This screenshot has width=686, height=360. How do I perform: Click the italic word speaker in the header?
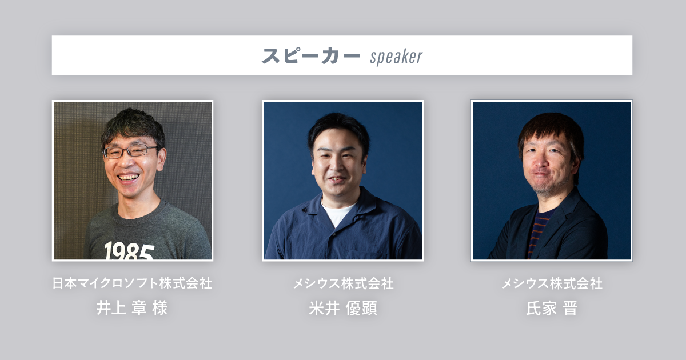click(x=396, y=57)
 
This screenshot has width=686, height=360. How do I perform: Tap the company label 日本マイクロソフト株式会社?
click(x=132, y=283)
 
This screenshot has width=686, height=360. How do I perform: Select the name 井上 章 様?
click(x=132, y=308)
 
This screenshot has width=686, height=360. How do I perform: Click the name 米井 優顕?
click(x=342, y=308)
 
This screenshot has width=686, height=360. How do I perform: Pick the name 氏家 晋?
click(x=551, y=308)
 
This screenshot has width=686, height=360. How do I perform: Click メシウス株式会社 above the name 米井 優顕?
click(x=342, y=283)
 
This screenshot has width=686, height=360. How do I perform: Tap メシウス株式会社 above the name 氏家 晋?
click(x=551, y=283)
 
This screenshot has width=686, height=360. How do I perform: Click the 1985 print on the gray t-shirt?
click(x=129, y=251)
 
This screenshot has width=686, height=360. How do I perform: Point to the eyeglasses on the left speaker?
click(x=130, y=151)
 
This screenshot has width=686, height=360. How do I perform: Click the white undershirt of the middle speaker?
click(x=337, y=213)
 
